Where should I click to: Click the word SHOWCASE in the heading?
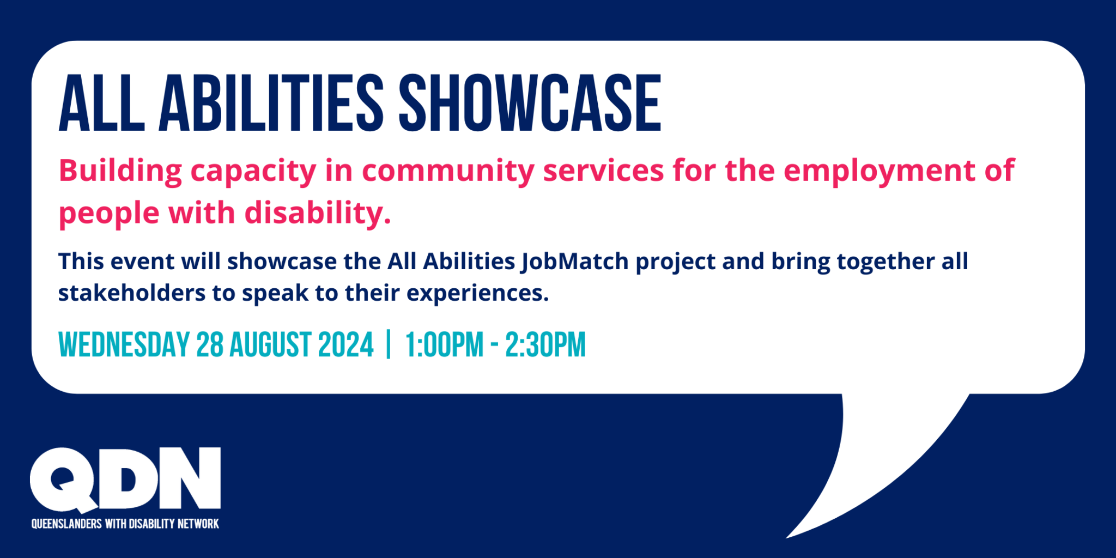(530, 104)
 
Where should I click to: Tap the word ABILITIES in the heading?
(271, 104)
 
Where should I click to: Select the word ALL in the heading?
(101, 104)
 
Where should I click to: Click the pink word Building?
(120, 171)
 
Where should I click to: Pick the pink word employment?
(877, 171)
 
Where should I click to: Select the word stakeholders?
(131, 293)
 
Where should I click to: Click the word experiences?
(477, 294)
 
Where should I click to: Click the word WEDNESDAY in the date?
(124, 345)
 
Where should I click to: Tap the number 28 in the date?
(209, 345)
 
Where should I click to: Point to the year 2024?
(345, 345)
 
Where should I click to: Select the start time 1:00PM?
(444, 345)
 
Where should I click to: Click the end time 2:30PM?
(545, 345)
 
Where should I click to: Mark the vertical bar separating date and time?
(389, 345)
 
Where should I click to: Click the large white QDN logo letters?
(125, 478)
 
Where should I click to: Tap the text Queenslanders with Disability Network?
(125, 524)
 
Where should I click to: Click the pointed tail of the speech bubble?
(872, 469)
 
